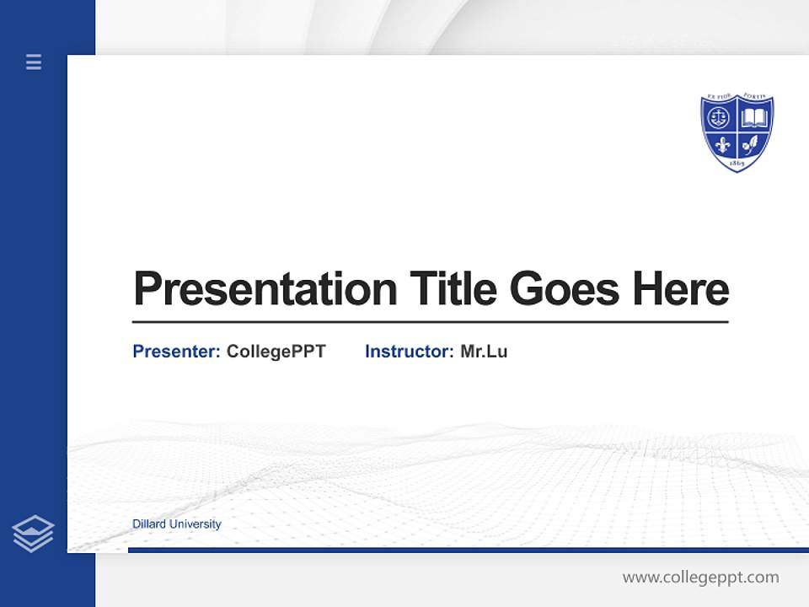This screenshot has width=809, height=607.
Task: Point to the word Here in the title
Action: [x=681, y=289]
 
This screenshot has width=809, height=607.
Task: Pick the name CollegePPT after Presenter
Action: [x=276, y=352]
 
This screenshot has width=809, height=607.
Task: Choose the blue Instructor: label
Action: [x=410, y=352]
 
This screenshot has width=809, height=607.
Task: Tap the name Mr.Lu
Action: [x=484, y=352]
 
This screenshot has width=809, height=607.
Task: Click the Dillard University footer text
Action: [x=177, y=524]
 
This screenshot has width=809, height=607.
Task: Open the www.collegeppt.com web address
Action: [x=700, y=577]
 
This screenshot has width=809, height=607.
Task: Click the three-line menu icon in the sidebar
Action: [x=34, y=62]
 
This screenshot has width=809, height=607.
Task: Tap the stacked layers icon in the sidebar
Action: [x=34, y=534]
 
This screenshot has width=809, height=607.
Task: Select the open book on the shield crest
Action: [x=754, y=117]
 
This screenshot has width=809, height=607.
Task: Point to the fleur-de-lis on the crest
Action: [x=721, y=142]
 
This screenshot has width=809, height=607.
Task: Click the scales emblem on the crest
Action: [x=720, y=117]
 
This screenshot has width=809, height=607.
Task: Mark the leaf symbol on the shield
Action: [x=753, y=142]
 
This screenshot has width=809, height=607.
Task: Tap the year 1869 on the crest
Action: [x=737, y=162]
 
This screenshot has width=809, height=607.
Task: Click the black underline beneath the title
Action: [x=430, y=322]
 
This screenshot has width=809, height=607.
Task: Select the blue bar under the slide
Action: [x=468, y=550]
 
